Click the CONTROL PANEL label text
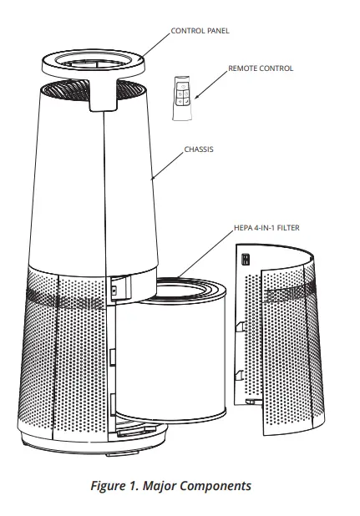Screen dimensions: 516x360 200,31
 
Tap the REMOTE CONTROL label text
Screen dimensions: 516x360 261,68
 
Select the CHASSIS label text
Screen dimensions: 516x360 198,150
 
